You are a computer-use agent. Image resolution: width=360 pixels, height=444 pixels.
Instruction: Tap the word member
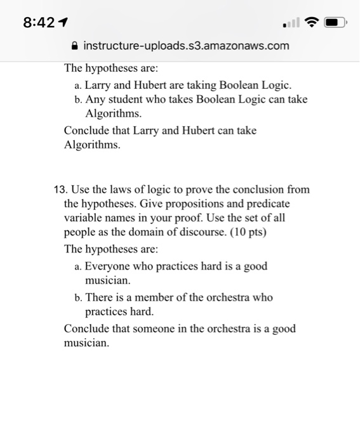158,297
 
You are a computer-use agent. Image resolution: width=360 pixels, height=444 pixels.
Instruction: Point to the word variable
82,218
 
